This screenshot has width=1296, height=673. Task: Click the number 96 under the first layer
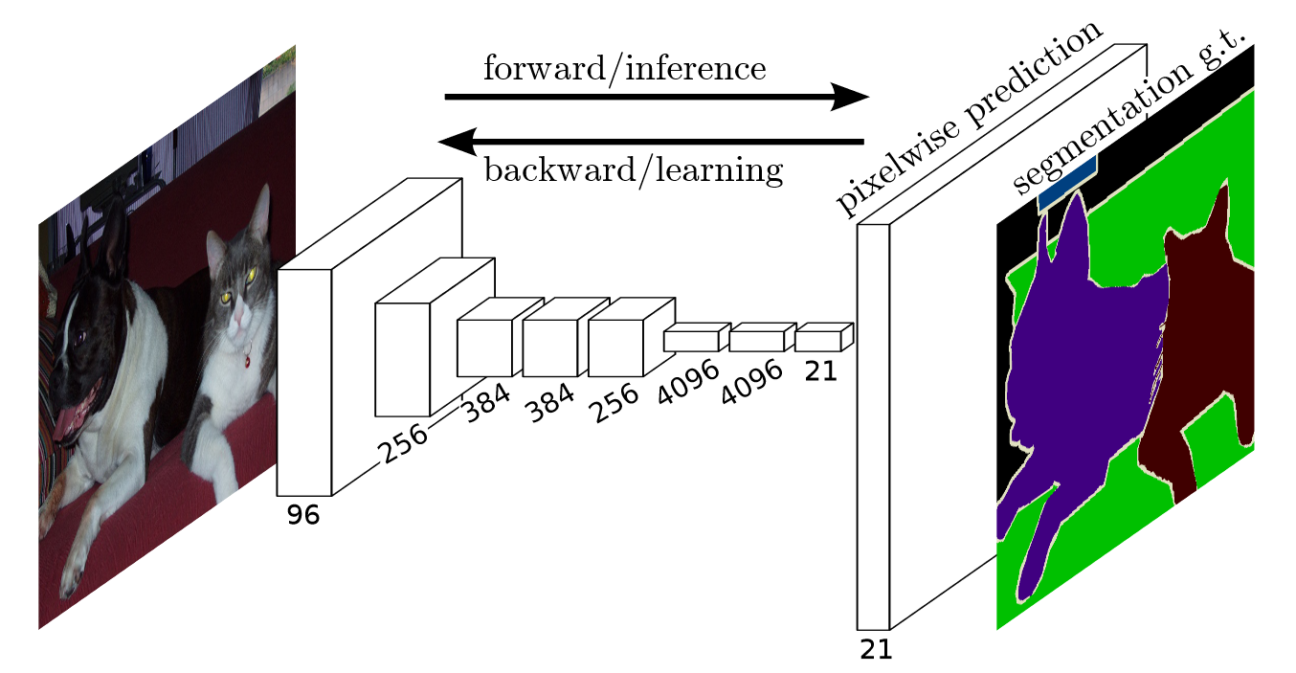pyautogui.click(x=303, y=515)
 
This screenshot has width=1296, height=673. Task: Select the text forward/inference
pyautogui.click(x=624, y=69)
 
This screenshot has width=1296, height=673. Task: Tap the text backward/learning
pyautogui.click(x=634, y=170)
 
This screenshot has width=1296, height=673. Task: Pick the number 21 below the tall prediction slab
pyautogui.click(x=875, y=650)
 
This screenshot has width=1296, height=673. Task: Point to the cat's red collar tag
pyautogui.click(x=247, y=361)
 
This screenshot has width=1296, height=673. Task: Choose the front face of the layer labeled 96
pyautogui.click(x=304, y=382)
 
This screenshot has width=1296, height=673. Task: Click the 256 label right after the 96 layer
pyautogui.click(x=403, y=442)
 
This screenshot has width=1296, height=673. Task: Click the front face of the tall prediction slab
pyautogui.click(x=873, y=426)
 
